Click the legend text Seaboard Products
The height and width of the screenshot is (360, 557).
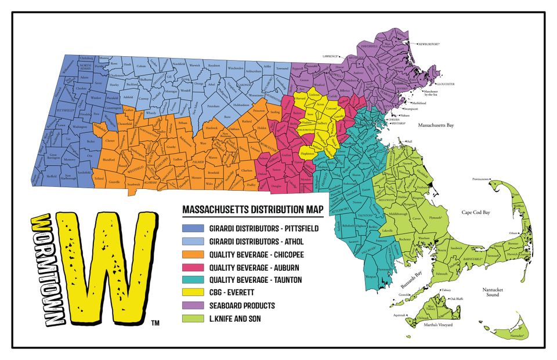coord(238,305)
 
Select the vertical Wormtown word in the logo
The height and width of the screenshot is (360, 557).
coord(42,270)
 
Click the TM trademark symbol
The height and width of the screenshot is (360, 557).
coord(154,322)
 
